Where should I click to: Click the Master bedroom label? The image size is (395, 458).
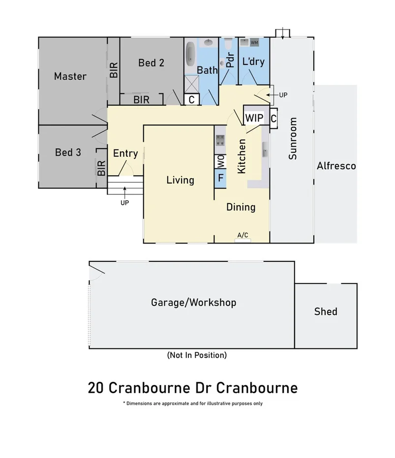70,76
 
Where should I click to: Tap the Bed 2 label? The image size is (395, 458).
151,62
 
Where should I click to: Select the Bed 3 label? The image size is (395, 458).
68,153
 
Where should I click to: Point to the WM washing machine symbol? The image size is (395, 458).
254,43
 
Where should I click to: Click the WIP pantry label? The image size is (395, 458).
254,119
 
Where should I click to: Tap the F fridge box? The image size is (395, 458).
220,178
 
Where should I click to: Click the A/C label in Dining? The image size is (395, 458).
243,236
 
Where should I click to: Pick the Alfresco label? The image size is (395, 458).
336,166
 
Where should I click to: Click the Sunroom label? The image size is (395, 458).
293,139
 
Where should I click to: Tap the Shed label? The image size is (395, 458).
326,311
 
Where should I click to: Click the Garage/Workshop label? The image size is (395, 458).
193,302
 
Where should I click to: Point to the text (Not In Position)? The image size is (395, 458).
197,355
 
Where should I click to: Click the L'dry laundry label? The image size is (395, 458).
253,62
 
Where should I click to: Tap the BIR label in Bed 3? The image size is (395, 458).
101,169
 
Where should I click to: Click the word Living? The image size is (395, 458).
180,180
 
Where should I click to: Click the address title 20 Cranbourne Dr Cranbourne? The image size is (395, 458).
193,387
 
